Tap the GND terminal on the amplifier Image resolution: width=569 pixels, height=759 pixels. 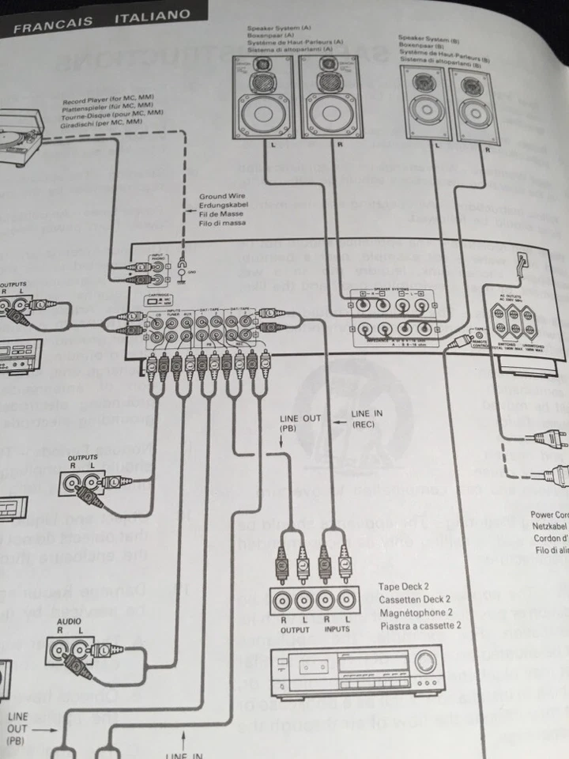click(x=184, y=273)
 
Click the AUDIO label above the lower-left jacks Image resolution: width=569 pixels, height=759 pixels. click(x=69, y=621)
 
